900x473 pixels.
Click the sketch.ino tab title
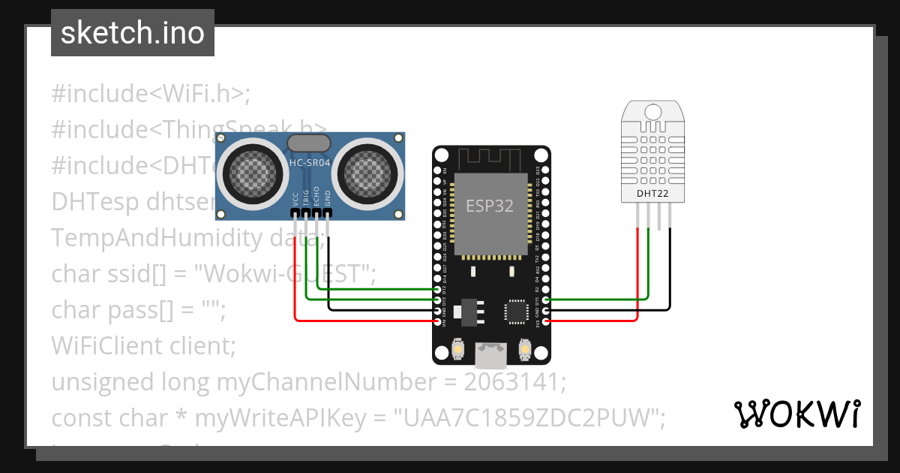click(x=132, y=33)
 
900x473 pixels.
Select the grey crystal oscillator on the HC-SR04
click(x=308, y=143)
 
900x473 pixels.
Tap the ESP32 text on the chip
click(x=490, y=206)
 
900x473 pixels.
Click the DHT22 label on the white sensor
click(x=652, y=194)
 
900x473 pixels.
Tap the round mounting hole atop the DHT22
click(x=653, y=112)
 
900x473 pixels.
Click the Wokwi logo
click(x=796, y=414)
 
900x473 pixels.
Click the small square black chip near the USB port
click(x=517, y=311)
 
